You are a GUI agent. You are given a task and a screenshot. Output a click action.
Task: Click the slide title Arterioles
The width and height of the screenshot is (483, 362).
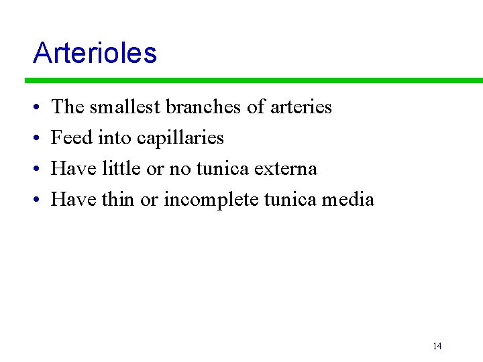[x=95, y=53]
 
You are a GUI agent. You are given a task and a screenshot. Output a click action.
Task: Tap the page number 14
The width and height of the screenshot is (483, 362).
[x=437, y=346]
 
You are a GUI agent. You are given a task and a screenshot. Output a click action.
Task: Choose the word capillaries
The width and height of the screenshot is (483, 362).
[x=180, y=138]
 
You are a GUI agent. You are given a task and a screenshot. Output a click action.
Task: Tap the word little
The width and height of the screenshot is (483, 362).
[x=121, y=168]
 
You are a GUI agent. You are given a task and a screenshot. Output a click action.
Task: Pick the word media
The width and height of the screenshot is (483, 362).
[x=348, y=199]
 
